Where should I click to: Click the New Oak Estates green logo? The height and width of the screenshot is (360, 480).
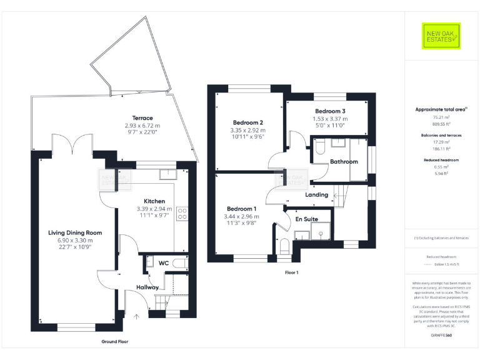click(441, 36)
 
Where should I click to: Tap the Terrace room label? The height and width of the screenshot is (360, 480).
click(142, 118)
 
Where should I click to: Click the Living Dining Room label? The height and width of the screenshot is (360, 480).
click(75, 232)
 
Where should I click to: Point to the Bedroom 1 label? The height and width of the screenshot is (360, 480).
click(241, 209)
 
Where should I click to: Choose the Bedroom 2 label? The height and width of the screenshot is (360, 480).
click(247, 122)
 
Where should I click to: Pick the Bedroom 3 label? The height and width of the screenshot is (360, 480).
click(330, 111)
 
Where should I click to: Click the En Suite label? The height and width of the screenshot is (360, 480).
click(306, 219)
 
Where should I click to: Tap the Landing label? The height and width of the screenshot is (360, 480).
click(317, 195)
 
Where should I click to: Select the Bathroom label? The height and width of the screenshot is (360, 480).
click(344, 162)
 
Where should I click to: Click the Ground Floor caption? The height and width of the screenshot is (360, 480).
click(114, 342)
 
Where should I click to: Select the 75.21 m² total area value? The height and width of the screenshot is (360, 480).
click(441, 116)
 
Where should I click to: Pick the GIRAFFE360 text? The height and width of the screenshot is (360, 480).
click(441, 336)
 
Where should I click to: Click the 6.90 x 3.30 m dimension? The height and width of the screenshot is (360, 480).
click(75, 240)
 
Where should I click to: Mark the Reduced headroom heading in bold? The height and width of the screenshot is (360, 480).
click(441, 160)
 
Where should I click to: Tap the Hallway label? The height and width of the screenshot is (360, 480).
click(147, 287)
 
